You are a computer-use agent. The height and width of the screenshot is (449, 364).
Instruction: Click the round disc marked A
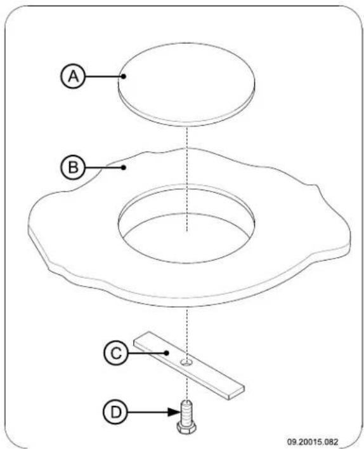pyautogui.click(x=188, y=79)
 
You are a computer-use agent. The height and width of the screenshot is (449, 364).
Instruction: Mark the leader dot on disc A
pyautogui.click(x=126, y=77)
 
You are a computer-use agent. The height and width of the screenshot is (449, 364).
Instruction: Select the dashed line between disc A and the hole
pyautogui.click(x=188, y=159)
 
